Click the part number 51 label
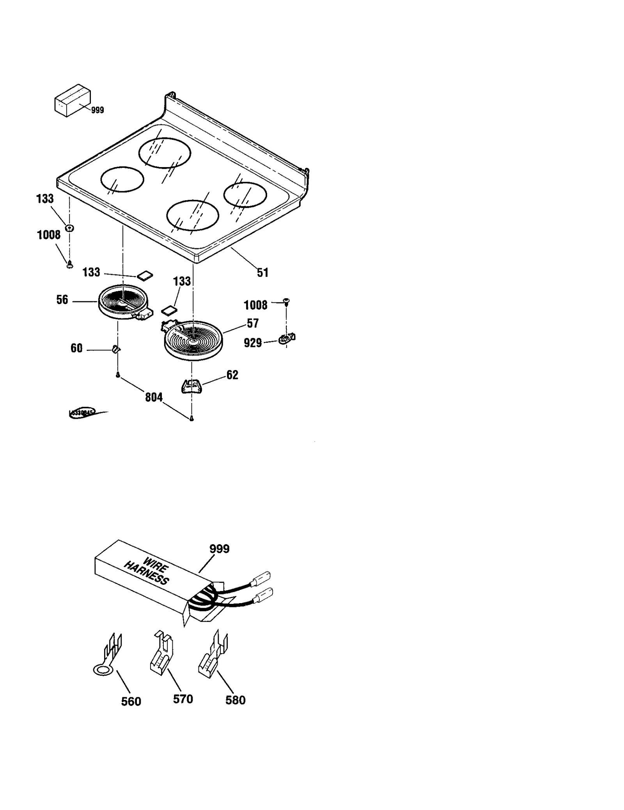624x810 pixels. pyautogui.click(x=262, y=272)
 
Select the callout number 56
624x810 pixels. pyautogui.click(x=62, y=300)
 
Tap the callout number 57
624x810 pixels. pyautogui.click(x=253, y=323)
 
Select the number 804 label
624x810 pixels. pyautogui.click(x=154, y=397)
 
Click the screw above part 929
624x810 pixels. pyautogui.click(x=287, y=301)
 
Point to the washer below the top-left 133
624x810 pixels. pyautogui.click(x=70, y=228)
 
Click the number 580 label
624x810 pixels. pyautogui.click(x=235, y=700)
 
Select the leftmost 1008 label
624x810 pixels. pyautogui.click(x=49, y=235)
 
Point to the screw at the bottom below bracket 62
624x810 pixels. pyautogui.click(x=191, y=418)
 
